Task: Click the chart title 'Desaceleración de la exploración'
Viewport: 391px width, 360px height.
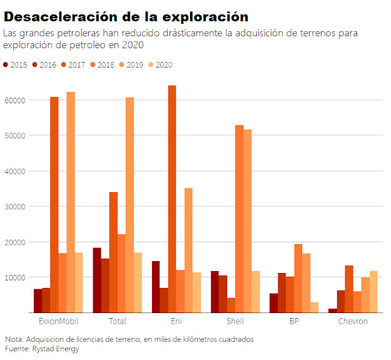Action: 126,16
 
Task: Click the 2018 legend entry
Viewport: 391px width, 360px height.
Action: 101,64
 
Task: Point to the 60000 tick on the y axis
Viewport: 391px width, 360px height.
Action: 14,100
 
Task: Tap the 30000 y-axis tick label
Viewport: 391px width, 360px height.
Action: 14,207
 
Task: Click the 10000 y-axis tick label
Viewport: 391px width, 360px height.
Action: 14,277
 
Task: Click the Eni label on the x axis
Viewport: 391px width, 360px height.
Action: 176,321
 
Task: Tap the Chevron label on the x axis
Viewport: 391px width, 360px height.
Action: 353,321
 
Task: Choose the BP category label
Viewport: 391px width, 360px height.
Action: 294,321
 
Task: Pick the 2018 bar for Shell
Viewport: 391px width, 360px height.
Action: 239,219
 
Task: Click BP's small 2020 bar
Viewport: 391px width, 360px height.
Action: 315,307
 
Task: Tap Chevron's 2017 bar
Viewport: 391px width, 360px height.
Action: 348,289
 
